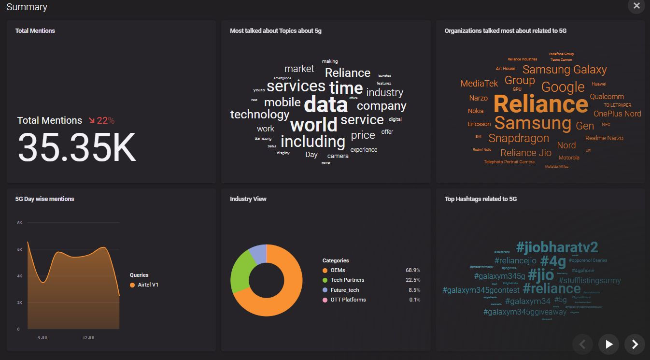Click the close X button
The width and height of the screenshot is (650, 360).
(636, 6)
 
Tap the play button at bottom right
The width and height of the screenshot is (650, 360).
(609, 344)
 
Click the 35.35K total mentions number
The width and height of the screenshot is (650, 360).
(77, 147)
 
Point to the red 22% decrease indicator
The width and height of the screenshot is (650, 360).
(101, 120)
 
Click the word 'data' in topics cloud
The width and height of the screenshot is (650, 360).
(326, 104)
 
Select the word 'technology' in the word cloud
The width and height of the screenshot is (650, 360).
(260, 115)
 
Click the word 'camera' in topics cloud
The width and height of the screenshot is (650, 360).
(338, 156)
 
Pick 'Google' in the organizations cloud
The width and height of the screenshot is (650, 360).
(563, 87)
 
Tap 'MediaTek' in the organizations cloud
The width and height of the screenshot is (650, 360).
(479, 84)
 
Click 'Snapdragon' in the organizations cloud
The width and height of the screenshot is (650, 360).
(519, 138)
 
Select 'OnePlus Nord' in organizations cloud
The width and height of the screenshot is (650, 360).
(617, 114)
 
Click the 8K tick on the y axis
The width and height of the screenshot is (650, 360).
(20, 223)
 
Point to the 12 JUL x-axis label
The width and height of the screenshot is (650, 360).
(88, 338)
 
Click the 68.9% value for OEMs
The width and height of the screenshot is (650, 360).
(413, 270)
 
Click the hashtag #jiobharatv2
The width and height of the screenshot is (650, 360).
(557, 247)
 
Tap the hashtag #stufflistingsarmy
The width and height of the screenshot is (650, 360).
(590, 280)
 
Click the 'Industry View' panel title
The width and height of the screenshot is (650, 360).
(248, 199)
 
